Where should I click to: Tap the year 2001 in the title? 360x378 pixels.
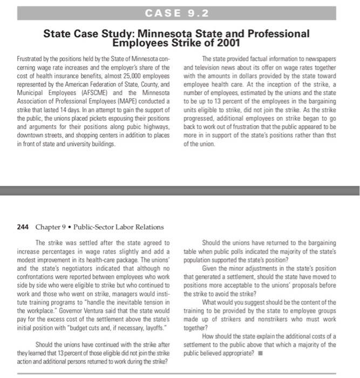[226, 43]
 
